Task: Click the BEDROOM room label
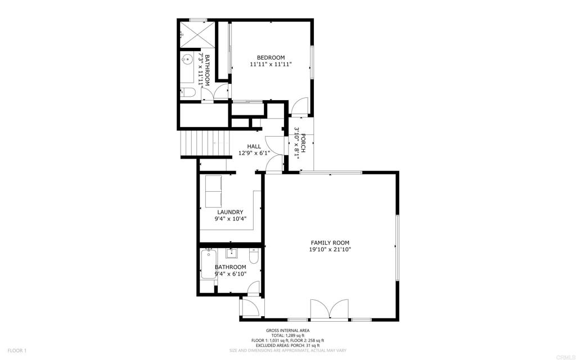click(271, 57)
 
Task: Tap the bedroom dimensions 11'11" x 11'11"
click(271, 65)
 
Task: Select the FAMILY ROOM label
click(330, 242)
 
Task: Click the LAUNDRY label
click(230, 212)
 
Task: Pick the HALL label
click(254, 146)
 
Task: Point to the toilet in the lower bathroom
click(254, 256)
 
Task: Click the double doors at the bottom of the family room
click(330, 310)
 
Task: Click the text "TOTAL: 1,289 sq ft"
click(287, 335)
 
